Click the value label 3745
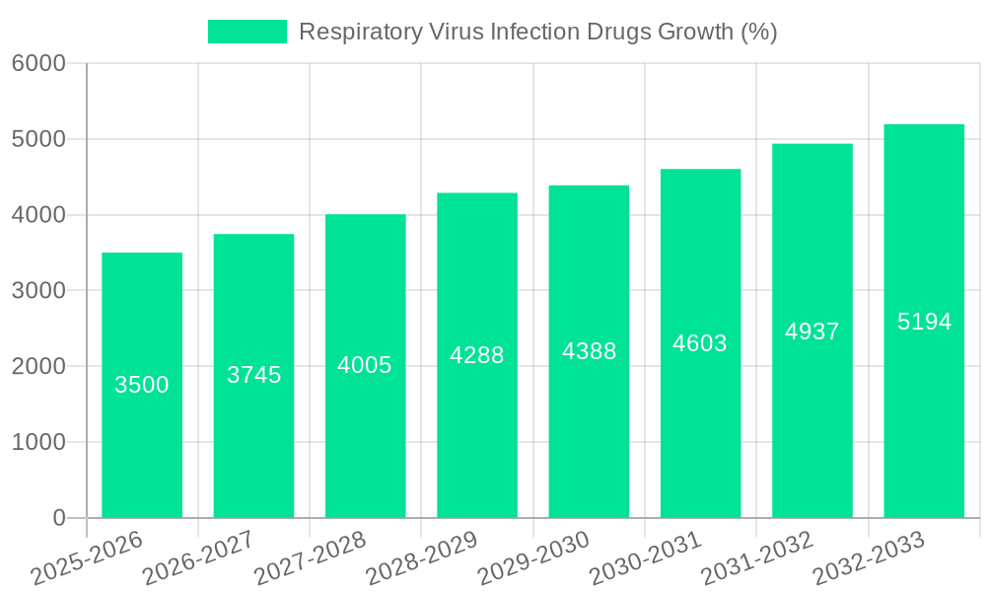coord(254,375)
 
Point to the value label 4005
coord(365,365)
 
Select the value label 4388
coord(589,351)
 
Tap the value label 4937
coord(812,332)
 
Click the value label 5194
coord(924,322)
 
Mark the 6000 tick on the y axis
coord(38,64)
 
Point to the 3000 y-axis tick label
coord(38,291)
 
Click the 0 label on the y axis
coord(58,518)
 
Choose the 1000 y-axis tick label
coord(38,442)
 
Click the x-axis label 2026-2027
coord(198,557)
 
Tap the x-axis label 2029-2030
coord(533,557)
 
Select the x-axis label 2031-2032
coord(756,557)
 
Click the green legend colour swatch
coord(246,32)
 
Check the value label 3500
coord(142,385)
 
